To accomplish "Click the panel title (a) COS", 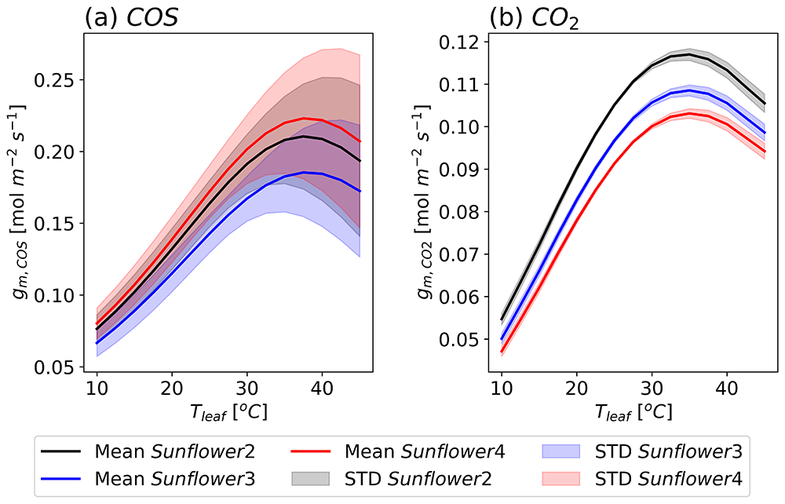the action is click(131, 18).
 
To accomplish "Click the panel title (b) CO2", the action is click(534, 19).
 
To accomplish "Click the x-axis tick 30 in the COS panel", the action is click(246, 388).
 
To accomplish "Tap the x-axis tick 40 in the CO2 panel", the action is click(727, 388).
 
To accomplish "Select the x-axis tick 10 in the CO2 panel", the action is click(502, 388).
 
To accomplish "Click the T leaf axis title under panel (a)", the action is click(228, 412).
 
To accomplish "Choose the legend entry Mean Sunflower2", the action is click(148, 451).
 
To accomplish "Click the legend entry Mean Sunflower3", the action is click(148, 479).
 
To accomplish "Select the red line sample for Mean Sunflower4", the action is click(310, 451).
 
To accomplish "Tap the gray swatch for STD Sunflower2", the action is click(310, 479).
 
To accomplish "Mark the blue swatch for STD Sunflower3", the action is click(560, 451).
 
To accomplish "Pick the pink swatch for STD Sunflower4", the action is click(560, 479).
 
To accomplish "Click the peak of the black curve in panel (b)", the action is click(689, 54).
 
